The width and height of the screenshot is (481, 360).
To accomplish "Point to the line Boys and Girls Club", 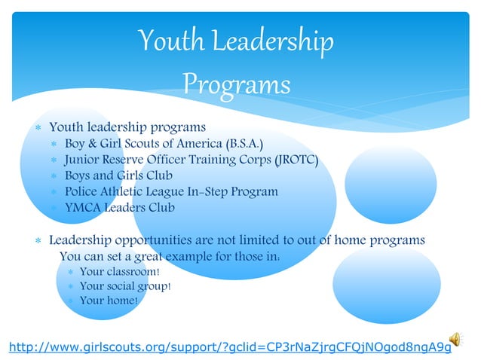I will point(118,175).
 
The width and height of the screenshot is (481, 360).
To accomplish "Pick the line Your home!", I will point(109,301).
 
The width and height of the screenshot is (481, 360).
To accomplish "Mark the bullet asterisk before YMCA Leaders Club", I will point(54,208).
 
